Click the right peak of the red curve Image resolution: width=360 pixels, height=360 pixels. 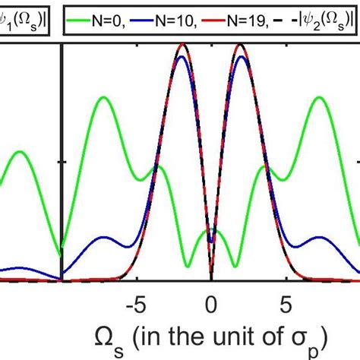tap(241, 46)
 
